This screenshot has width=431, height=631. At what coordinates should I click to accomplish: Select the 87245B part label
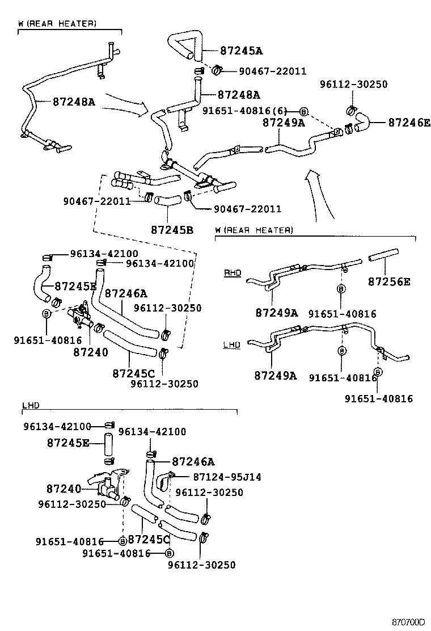click(172, 230)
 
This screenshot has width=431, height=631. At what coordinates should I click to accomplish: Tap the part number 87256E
click(388, 281)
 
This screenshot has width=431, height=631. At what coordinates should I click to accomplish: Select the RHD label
click(233, 273)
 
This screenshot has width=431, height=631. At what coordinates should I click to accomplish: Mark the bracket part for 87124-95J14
click(164, 481)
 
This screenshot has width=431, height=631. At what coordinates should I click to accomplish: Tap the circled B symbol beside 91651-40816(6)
click(303, 112)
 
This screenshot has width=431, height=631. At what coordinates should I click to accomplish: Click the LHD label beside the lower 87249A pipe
click(232, 345)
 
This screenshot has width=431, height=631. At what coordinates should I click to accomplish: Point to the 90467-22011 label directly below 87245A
click(264, 71)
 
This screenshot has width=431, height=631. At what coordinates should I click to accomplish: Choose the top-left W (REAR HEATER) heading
click(57, 23)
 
